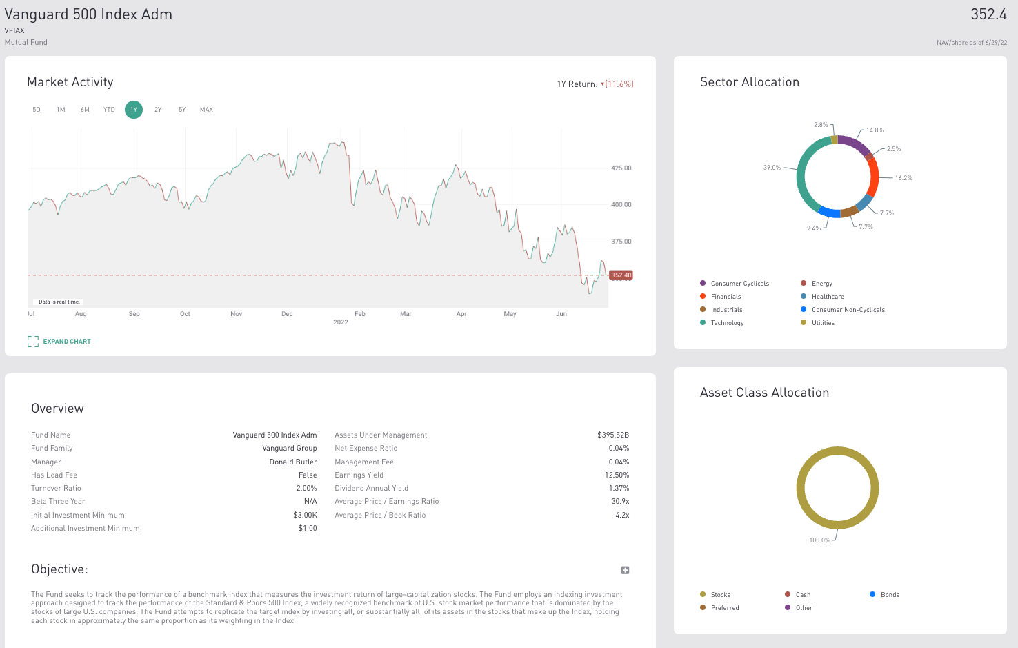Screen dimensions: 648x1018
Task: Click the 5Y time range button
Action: pyautogui.click(x=182, y=110)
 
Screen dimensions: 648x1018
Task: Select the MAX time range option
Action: pyautogui.click(x=206, y=110)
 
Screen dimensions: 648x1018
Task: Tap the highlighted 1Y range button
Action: pyautogui.click(x=134, y=110)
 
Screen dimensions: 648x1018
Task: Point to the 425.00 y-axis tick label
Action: pyautogui.click(x=621, y=168)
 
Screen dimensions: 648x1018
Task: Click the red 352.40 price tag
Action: pyautogui.click(x=621, y=275)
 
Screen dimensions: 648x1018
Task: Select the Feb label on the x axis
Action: pyautogui.click(x=359, y=314)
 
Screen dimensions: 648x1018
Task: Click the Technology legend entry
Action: pyautogui.click(x=727, y=323)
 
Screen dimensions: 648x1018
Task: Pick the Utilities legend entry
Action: pyautogui.click(x=823, y=323)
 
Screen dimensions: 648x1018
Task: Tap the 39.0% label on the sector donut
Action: pyautogui.click(x=772, y=168)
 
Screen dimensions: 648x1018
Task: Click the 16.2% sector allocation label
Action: pyautogui.click(x=904, y=178)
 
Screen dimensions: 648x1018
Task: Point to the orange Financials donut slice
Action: pyautogui.click(x=874, y=178)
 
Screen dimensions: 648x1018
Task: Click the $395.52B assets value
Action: pyautogui.click(x=613, y=435)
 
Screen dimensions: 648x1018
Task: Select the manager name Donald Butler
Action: pyautogui.click(x=293, y=462)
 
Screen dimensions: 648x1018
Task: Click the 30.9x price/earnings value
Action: pyautogui.click(x=620, y=502)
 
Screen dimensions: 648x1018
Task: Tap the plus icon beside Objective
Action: pyautogui.click(x=625, y=570)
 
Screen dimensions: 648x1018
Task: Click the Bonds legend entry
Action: pyautogui.click(x=890, y=595)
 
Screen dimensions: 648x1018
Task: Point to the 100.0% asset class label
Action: pyautogui.click(x=819, y=540)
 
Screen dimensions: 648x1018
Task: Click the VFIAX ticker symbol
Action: pyautogui.click(x=14, y=30)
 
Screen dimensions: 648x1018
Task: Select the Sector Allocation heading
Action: pyautogui.click(x=750, y=82)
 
